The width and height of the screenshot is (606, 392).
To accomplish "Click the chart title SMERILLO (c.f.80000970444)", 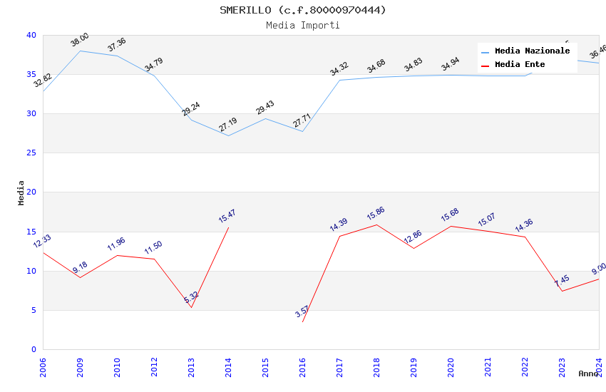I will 303,10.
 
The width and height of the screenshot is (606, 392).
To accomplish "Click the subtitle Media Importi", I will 303,25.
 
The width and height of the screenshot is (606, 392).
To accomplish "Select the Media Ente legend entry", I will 520,65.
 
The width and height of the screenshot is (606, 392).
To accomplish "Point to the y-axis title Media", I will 21,192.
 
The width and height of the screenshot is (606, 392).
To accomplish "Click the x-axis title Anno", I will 588,373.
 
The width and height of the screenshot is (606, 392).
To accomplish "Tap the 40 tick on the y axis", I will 31,35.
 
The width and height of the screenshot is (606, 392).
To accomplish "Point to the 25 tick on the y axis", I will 31,153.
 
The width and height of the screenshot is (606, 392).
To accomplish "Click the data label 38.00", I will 80,40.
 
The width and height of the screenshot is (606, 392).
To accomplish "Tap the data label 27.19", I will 228,125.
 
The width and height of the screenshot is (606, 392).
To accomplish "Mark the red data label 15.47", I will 227,216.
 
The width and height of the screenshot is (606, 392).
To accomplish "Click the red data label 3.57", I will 302,311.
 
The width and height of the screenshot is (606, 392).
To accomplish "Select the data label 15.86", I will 376,213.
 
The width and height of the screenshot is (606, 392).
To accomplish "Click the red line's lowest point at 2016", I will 302,322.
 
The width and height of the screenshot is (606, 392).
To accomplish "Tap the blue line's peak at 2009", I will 80,51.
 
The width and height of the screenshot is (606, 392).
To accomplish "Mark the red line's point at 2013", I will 191,307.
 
